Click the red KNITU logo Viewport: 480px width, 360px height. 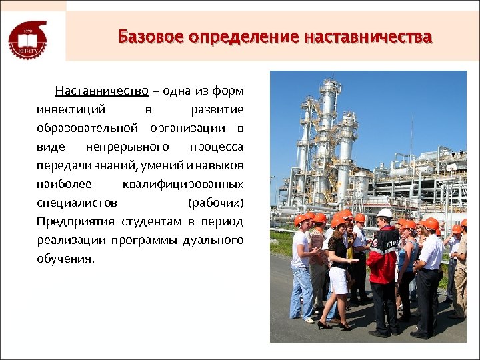27,39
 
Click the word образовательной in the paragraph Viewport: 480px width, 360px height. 87,127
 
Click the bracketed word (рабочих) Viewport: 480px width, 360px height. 217,202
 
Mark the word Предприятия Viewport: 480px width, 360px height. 75,221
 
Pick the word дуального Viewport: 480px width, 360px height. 213,239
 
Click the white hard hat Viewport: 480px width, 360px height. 385,213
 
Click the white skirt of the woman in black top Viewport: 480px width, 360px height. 339,279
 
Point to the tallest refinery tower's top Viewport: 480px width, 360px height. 327,83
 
